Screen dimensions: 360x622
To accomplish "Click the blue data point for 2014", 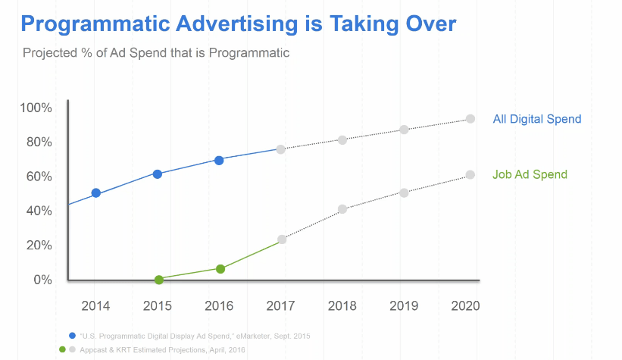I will (x=96, y=193).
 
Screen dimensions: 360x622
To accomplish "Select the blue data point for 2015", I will (x=158, y=174).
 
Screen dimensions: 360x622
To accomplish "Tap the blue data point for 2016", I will (x=219, y=160).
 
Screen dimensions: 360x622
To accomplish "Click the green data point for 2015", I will (x=159, y=280).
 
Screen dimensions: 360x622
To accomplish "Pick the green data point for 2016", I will (x=220, y=269).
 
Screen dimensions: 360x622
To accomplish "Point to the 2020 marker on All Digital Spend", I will (x=470, y=119).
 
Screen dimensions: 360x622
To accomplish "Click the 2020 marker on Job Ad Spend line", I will (x=470, y=174).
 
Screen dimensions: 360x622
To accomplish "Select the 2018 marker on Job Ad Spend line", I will (x=342, y=208).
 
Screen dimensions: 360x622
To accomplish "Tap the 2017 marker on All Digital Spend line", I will (x=281, y=149).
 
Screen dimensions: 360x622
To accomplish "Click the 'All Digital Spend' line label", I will (x=536, y=119).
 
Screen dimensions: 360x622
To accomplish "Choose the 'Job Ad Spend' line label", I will (x=530, y=174).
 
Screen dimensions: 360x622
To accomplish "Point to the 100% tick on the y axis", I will (x=36, y=108).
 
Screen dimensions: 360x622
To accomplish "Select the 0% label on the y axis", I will (x=42, y=280).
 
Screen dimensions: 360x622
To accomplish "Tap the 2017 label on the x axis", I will (x=281, y=306).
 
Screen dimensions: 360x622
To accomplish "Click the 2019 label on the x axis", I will (x=404, y=306).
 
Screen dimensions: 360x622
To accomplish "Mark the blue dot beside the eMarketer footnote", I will (x=72, y=335).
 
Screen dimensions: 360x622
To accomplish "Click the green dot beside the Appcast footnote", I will (x=62, y=349).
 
